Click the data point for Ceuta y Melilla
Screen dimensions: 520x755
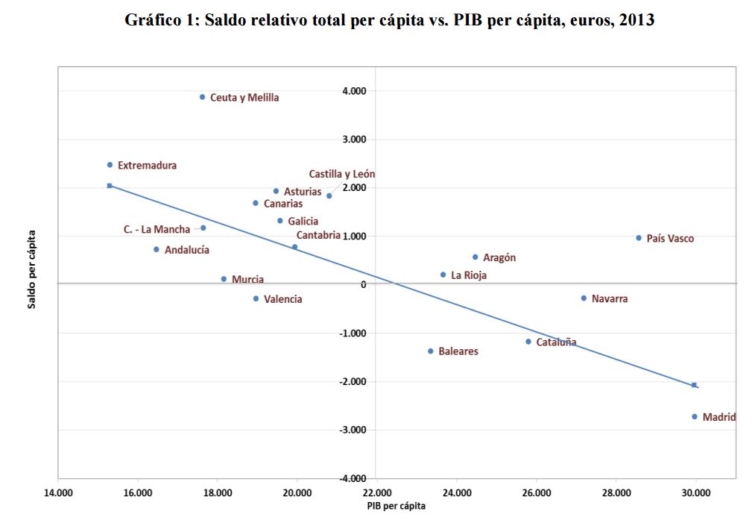(202, 97)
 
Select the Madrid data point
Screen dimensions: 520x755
(694, 416)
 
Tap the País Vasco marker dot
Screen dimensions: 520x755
(639, 238)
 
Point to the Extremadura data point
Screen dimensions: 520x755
(110, 165)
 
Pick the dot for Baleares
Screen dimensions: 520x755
(431, 351)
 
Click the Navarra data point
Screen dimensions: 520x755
(584, 298)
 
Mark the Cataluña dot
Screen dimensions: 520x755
(528, 342)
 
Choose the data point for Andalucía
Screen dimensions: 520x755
(157, 249)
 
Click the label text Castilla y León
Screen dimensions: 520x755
(342, 174)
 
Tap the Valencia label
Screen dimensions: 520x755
(283, 299)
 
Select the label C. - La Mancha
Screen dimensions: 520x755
(157, 230)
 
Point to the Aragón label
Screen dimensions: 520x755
(499, 257)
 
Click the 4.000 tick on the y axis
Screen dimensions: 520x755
(353, 91)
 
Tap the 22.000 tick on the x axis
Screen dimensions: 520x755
(376, 492)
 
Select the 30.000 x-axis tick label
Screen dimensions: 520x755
(696, 492)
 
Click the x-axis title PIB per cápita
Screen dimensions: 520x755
(396, 506)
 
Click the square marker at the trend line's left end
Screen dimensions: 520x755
(110, 185)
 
